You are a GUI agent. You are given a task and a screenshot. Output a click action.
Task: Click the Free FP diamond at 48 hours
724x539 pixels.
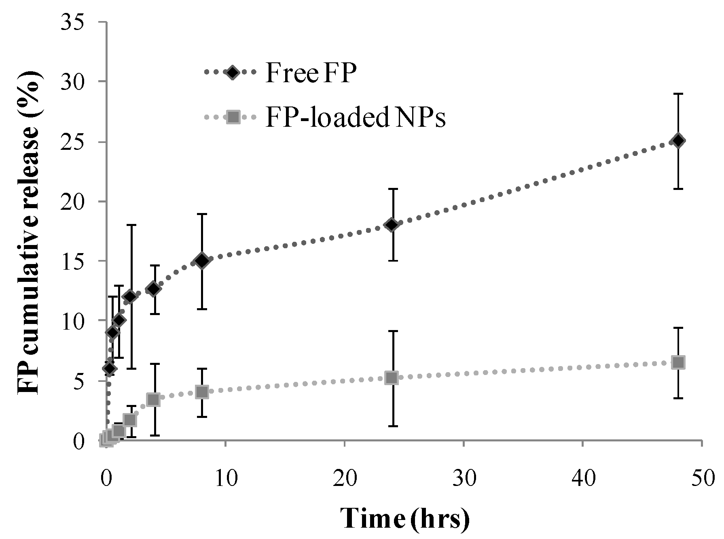pos(678,141)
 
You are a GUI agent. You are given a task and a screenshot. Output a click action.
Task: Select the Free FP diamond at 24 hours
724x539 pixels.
pos(392,224)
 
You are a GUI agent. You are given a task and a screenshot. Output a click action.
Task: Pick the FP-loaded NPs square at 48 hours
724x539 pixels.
pos(678,362)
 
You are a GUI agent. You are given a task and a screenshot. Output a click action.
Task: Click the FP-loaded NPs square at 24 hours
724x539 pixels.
pos(392,378)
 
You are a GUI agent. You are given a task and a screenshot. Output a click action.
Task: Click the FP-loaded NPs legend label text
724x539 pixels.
pos(355,118)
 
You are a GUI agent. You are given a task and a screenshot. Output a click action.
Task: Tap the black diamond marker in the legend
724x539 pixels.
pos(233,72)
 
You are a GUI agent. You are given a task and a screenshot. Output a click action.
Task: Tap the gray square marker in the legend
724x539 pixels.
pos(233,117)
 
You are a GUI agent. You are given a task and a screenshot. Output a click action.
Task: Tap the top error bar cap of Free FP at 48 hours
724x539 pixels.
pos(678,94)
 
